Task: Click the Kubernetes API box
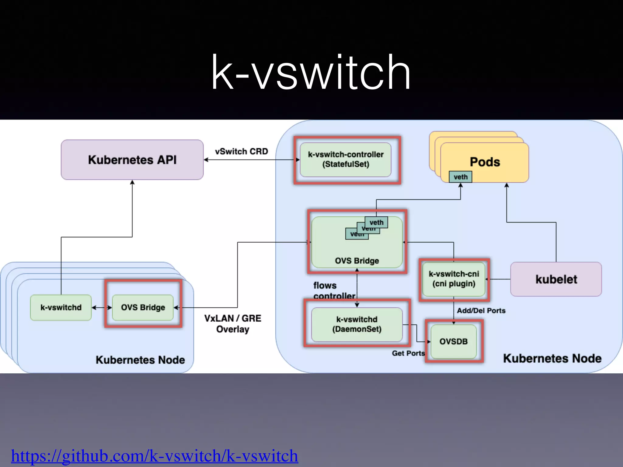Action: (x=132, y=160)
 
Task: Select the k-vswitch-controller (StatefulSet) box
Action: (x=346, y=160)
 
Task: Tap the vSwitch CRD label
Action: (x=241, y=151)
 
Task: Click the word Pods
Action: (x=485, y=162)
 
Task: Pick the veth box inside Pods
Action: (x=460, y=177)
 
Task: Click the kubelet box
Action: (x=556, y=279)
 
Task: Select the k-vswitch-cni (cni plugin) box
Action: (x=454, y=279)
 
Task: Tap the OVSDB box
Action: (x=453, y=341)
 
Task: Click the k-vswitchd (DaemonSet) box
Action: (x=357, y=324)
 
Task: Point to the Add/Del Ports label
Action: (x=481, y=310)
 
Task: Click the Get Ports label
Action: (x=408, y=353)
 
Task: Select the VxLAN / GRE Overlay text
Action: (x=233, y=323)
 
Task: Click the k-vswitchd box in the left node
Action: (x=61, y=307)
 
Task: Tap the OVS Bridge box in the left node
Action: (x=143, y=307)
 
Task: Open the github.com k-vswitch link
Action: (x=154, y=455)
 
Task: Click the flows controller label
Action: (x=334, y=290)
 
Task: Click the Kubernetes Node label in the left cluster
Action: (x=140, y=360)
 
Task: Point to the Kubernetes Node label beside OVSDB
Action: (x=552, y=358)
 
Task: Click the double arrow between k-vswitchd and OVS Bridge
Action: (x=102, y=308)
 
